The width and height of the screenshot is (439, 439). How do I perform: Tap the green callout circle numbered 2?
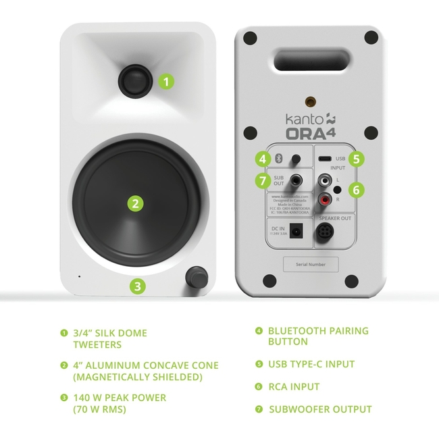click(x=136, y=203)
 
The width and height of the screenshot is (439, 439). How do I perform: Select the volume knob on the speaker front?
click(x=197, y=276)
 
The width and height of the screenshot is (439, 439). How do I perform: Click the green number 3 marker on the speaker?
click(x=138, y=286)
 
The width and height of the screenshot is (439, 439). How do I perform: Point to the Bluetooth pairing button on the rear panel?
click(x=295, y=159)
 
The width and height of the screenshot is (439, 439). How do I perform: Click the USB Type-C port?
click(x=325, y=159)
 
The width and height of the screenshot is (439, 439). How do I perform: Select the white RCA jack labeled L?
click(x=326, y=182)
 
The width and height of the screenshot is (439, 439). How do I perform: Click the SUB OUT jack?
click(x=296, y=181)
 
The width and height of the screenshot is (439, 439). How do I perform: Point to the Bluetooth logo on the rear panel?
click(x=278, y=159)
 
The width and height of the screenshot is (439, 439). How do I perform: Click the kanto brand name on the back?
click(x=296, y=118)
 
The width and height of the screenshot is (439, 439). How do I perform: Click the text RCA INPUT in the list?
click(x=294, y=387)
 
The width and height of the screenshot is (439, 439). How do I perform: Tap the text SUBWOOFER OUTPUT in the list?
click(x=321, y=409)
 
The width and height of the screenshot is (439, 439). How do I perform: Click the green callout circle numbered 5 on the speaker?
click(x=357, y=159)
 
